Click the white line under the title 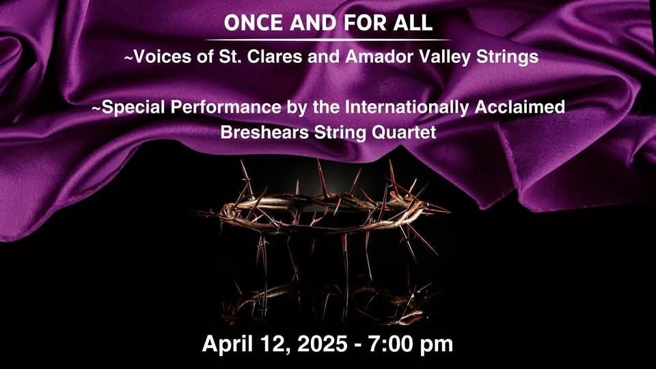pos(328,40)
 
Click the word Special pos(134,107)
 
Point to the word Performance pos(226,107)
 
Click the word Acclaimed pos(520,107)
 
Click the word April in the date pos(228,344)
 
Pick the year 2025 pos(322,344)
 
